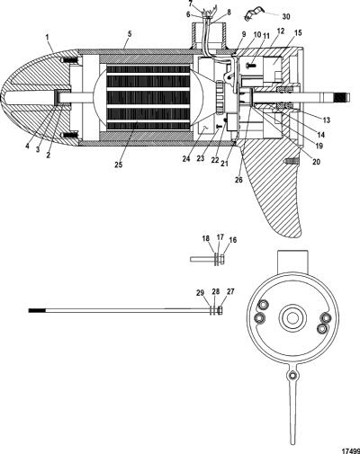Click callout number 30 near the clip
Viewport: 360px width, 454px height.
pos(286,16)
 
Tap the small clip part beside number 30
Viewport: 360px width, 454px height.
pos(253,15)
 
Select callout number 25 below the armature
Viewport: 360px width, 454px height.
pos(118,165)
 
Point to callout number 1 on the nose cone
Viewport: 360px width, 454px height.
pos(48,37)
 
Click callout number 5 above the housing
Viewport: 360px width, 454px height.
pos(130,34)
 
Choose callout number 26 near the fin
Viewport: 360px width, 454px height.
pos(238,180)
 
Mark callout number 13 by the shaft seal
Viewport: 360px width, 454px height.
pos(327,120)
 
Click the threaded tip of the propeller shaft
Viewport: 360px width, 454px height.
pos(343,99)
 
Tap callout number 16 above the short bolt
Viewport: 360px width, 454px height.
pos(233,240)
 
